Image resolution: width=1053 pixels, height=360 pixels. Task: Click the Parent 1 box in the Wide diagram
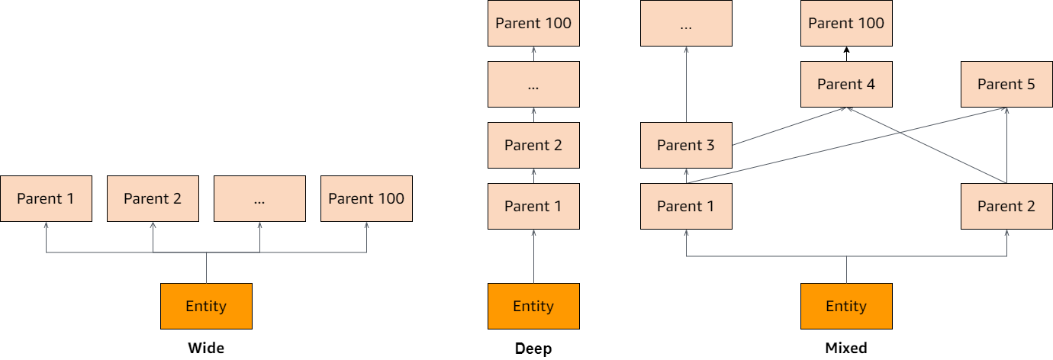(x=46, y=198)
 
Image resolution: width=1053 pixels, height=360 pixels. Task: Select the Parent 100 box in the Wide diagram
(x=366, y=198)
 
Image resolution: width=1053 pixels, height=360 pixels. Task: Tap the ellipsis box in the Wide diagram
(x=259, y=198)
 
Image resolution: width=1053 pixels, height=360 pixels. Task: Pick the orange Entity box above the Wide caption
(x=206, y=306)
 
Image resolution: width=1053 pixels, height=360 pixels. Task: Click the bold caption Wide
(x=206, y=348)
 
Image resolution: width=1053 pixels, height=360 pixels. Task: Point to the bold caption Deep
(x=533, y=349)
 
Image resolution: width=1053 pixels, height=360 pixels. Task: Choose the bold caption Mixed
(x=846, y=348)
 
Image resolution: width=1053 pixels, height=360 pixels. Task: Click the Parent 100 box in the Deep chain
(x=533, y=23)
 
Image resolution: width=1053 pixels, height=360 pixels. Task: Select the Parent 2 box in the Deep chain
(x=533, y=145)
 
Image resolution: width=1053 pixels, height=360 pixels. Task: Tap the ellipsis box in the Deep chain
(x=533, y=84)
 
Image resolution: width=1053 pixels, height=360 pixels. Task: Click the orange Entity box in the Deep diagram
(x=533, y=306)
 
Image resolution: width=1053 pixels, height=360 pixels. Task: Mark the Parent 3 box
(x=686, y=145)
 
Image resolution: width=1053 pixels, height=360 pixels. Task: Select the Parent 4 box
(x=846, y=84)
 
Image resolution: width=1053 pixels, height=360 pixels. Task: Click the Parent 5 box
(x=1006, y=84)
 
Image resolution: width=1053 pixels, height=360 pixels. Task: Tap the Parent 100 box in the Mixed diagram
(x=846, y=23)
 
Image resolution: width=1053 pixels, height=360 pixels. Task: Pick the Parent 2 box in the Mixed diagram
(x=1006, y=206)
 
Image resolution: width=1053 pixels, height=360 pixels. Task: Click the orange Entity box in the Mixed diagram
(x=846, y=306)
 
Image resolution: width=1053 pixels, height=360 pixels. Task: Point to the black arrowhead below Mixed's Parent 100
(x=846, y=50)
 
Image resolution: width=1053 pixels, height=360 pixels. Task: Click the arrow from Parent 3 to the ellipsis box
(x=686, y=84)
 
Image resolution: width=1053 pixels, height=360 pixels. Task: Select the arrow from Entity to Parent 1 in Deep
(x=533, y=256)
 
